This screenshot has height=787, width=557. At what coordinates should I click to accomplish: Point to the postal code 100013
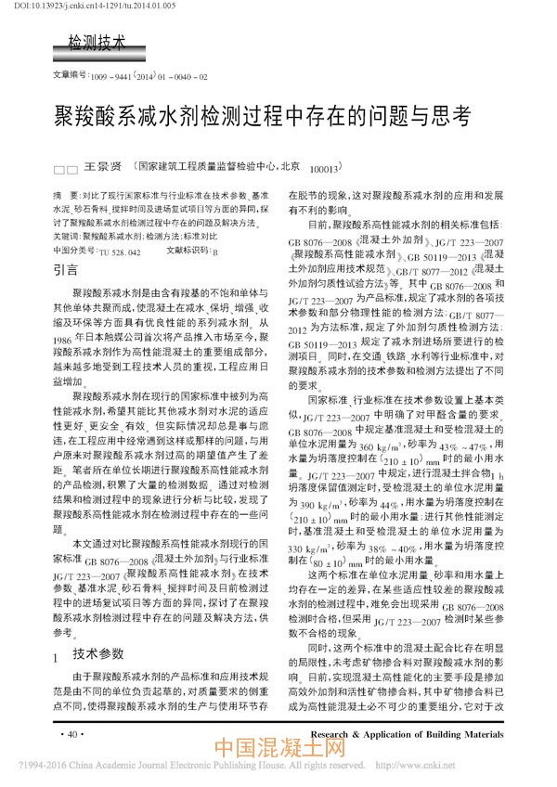coord(324,171)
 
